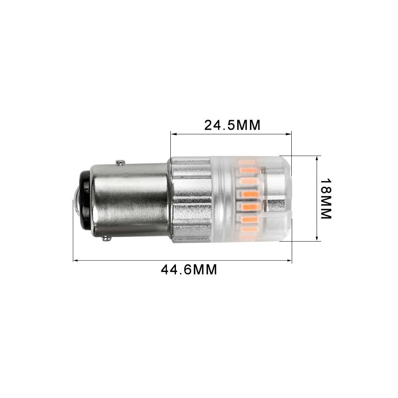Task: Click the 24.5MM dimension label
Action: (232, 125)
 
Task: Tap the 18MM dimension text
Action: (326, 198)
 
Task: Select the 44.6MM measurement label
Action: (189, 270)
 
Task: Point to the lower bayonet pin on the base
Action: (106, 238)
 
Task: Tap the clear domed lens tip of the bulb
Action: (279, 198)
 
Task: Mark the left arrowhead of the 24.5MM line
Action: (173, 134)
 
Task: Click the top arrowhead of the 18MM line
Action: (317, 158)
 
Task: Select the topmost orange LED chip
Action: (247, 162)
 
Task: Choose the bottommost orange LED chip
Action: (248, 237)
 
